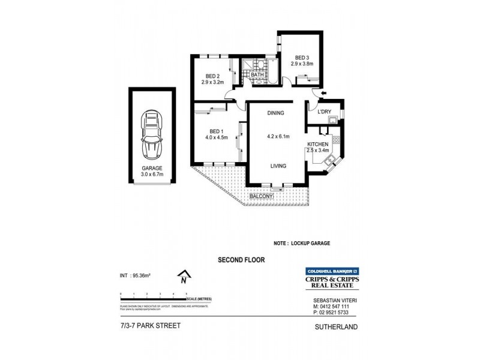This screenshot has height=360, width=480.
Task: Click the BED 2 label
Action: click(x=212, y=76)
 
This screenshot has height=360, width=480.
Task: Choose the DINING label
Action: click(x=275, y=113)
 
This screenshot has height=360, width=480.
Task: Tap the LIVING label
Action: click(x=278, y=166)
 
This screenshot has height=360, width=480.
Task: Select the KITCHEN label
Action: click(x=317, y=145)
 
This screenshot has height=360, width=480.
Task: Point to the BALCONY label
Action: click(x=262, y=196)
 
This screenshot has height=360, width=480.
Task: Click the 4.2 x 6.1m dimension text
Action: click(x=278, y=137)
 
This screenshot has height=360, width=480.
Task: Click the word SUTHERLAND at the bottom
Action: click(x=336, y=327)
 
